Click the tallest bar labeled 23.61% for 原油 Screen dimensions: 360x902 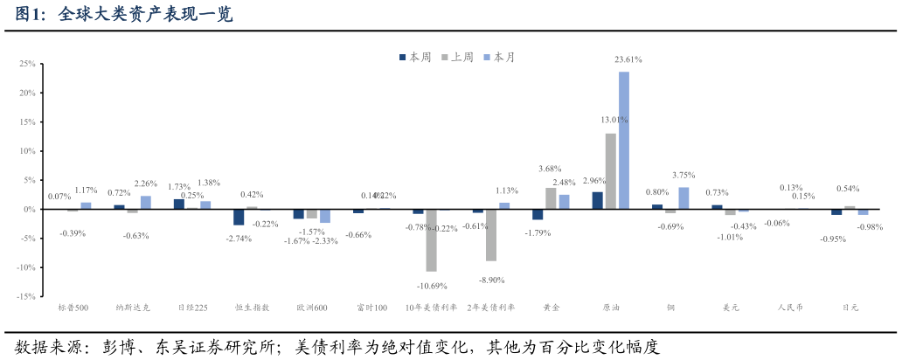pyautogui.click(x=624, y=140)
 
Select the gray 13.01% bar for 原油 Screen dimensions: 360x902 pyautogui.click(x=610, y=170)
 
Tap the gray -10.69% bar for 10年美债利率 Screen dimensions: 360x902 pyautogui.click(x=431, y=240)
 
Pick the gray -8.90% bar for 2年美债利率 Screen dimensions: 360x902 pyautogui.click(x=491, y=235)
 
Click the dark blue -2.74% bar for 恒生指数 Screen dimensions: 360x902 pyautogui.click(x=239, y=217)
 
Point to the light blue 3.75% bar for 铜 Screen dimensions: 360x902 pyautogui.click(x=683, y=198)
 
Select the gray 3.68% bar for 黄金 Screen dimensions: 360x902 pyautogui.click(x=551, y=198)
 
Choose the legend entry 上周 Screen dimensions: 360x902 pyautogui.click(x=458, y=57)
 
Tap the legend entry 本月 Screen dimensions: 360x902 pyautogui.click(x=500, y=57)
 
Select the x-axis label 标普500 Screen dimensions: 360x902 pyautogui.click(x=73, y=308)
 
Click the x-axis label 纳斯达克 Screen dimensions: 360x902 pyautogui.click(x=133, y=308)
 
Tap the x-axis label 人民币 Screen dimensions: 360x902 pyautogui.click(x=790, y=308)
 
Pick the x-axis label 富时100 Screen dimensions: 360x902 pyautogui.click(x=371, y=308)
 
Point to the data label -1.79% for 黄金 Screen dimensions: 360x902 pyautogui.click(x=537, y=233)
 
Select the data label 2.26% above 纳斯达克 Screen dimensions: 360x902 pyautogui.click(x=145, y=183)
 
